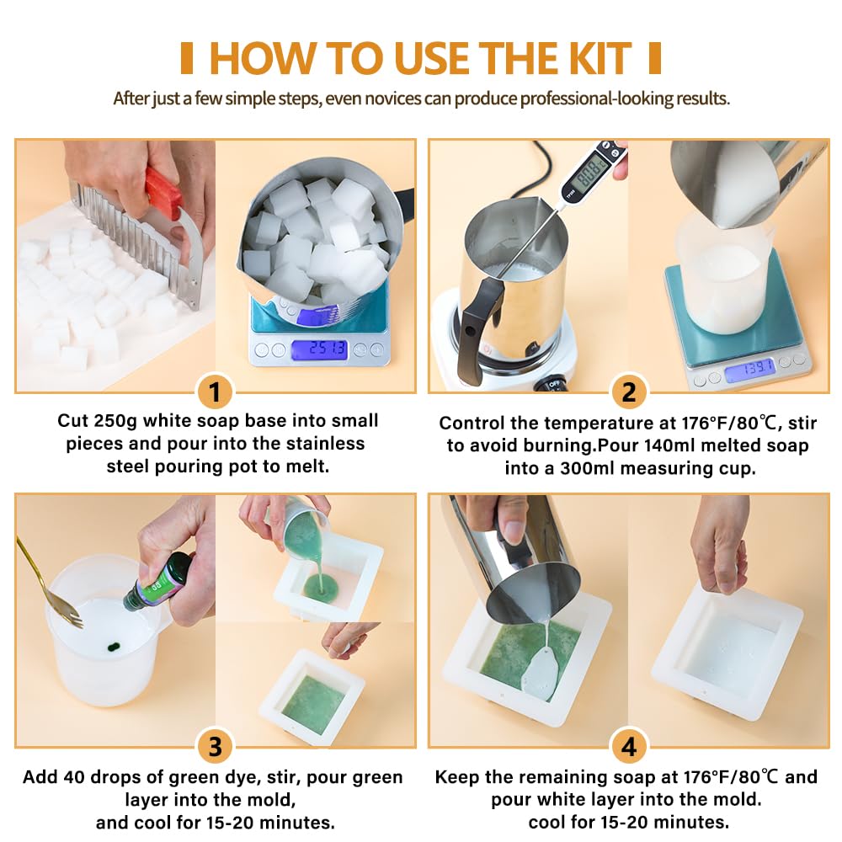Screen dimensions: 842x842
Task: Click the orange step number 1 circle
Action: [x=215, y=392]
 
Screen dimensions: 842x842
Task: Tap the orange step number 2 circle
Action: [x=628, y=392]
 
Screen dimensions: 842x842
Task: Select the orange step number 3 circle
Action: [x=215, y=747]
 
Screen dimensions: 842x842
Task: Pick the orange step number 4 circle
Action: [x=628, y=747]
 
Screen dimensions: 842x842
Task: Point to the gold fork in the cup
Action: [x=51, y=581]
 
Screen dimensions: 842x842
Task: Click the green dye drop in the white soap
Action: [x=110, y=648]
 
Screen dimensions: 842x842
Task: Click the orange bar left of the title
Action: [x=187, y=57]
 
